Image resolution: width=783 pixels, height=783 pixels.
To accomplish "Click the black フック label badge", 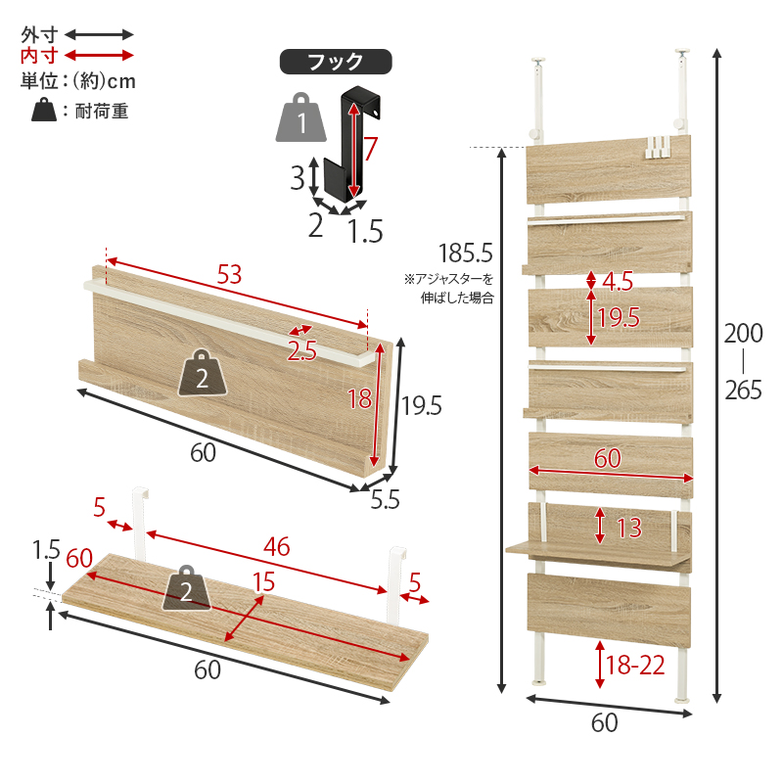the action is (x=336, y=62).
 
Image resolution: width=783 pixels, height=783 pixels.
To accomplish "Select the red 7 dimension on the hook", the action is (x=370, y=149).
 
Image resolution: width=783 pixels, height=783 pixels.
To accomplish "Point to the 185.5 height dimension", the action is (x=466, y=253).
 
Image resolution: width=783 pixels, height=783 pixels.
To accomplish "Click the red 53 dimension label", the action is (x=229, y=274).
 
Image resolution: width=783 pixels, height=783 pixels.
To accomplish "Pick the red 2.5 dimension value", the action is (x=301, y=350).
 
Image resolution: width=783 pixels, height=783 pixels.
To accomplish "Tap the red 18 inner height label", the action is (x=359, y=398).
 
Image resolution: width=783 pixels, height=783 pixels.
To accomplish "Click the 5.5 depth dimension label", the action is (x=385, y=499).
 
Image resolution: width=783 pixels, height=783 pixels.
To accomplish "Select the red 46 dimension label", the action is (x=277, y=546).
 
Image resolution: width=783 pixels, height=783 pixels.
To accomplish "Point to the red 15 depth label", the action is (x=263, y=582).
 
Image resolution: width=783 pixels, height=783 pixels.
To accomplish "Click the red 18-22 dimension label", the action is (x=635, y=666).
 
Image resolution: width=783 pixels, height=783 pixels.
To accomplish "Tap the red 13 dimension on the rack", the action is (x=629, y=528).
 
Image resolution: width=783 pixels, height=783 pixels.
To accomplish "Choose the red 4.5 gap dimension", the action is (x=618, y=281).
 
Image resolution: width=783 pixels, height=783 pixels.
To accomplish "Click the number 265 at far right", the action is (x=744, y=390).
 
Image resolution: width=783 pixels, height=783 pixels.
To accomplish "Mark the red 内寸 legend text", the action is (x=39, y=56).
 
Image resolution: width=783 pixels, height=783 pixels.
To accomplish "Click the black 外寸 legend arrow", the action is (x=100, y=34).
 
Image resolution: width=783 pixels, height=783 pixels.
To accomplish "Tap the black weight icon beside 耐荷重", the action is (x=44, y=110).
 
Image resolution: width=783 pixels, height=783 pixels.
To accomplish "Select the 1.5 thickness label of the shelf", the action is (x=46, y=550).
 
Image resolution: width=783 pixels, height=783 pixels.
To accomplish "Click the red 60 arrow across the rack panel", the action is (x=611, y=474).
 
